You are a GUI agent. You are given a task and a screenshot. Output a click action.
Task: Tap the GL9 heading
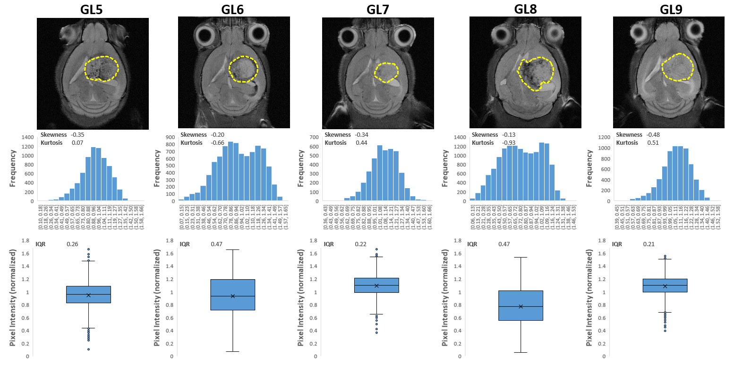pyautogui.click(x=668, y=8)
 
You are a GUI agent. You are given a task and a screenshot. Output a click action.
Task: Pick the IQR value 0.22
pyautogui.click(x=361, y=244)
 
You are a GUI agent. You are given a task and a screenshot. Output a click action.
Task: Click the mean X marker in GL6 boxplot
pyautogui.click(x=232, y=296)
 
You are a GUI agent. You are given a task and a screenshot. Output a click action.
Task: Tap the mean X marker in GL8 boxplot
pyautogui.click(x=521, y=307)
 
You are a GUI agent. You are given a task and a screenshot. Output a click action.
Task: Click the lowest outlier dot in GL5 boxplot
pyautogui.click(x=88, y=349)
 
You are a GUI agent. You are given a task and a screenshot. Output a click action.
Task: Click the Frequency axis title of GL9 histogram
pyautogui.click(x=588, y=168)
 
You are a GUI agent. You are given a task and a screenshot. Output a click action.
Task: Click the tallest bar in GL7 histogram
pyautogui.click(x=379, y=173)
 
